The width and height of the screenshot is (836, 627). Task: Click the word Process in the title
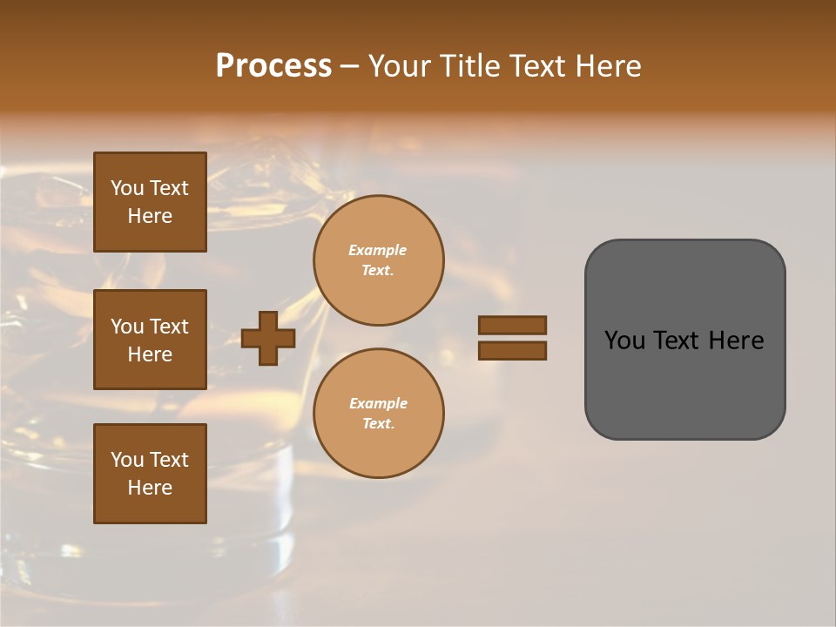pos(273,66)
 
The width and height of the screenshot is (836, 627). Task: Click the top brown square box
pos(150,202)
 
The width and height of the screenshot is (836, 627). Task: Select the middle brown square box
pos(150,340)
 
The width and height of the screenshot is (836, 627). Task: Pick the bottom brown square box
pos(150,474)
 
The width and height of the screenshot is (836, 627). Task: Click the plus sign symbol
pos(268,338)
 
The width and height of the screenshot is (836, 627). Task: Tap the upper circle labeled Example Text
pos(378,260)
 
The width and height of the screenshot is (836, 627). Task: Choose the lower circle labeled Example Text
pos(378,414)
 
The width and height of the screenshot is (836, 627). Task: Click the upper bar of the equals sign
pos(512,326)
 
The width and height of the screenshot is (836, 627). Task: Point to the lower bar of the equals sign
pos(512,350)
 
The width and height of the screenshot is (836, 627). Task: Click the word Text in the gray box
pos(678,340)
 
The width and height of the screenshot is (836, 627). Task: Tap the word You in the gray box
pos(624,340)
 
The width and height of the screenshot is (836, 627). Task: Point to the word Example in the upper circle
pos(378,250)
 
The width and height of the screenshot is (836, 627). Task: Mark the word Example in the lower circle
pos(378,403)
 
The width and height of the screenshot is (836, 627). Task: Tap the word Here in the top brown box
pos(150,216)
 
